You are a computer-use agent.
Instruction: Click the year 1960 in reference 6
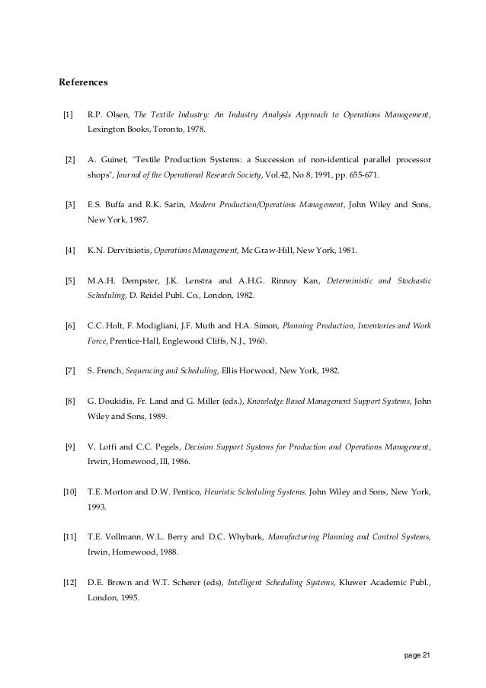pyautogui.click(x=255, y=341)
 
